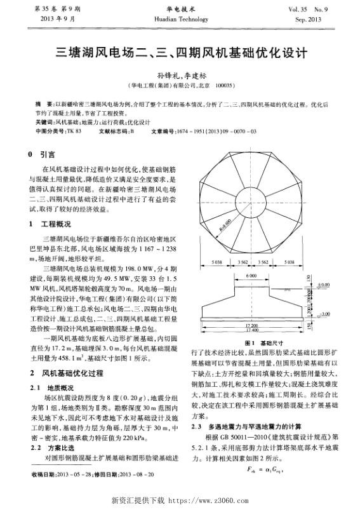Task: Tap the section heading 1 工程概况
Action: click(x=50, y=224)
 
